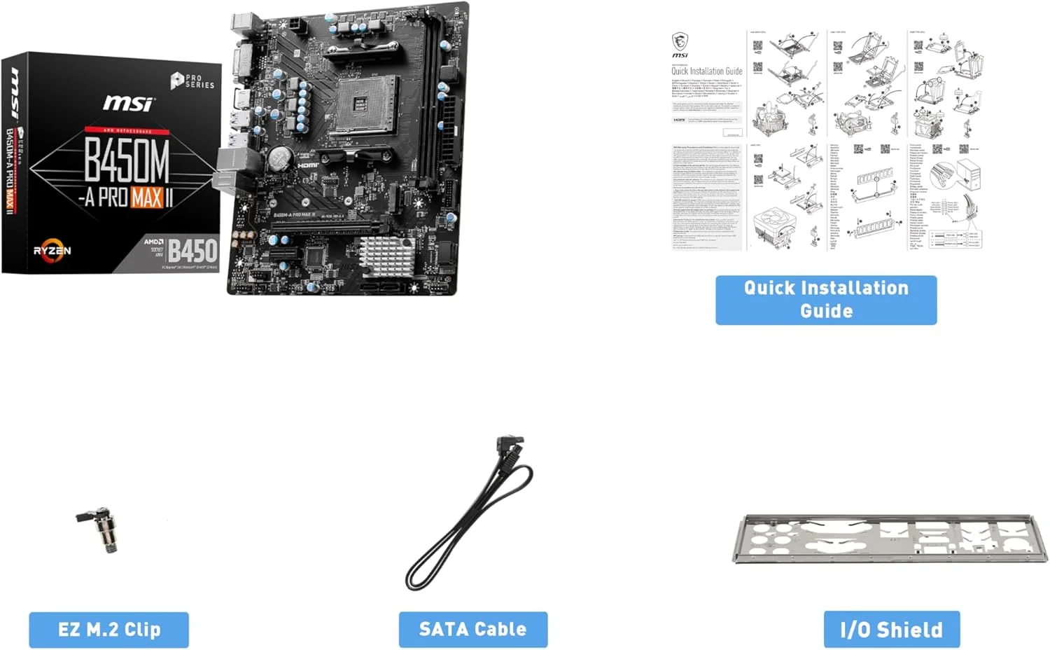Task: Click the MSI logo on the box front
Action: coord(128,104)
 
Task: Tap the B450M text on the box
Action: coord(127,160)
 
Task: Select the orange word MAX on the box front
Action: coord(146,198)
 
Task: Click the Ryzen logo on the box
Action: coord(52,251)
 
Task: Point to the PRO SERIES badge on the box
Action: coord(192,81)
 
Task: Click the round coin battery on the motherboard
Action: coord(281,158)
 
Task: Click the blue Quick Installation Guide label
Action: coord(826,300)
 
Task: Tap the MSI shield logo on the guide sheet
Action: coord(680,41)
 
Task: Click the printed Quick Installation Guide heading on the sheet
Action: coord(706,71)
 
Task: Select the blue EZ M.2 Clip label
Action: coord(108,630)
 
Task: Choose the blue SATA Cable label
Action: coord(472,630)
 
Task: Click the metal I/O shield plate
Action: coord(889,538)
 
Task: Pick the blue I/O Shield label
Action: coord(891,630)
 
